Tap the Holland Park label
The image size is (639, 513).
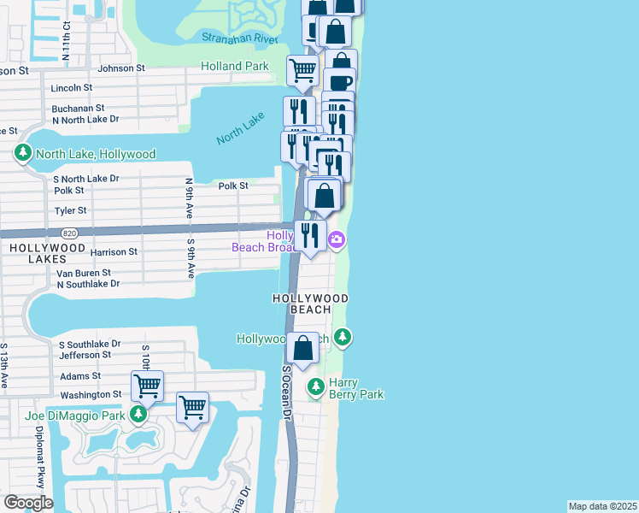point(235,66)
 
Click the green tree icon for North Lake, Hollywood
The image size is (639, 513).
point(22,154)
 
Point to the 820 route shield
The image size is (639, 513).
point(70,233)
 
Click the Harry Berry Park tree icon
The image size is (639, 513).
point(316,387)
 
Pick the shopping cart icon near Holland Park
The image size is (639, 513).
point(302,71)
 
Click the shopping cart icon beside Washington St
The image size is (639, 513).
point(148,386)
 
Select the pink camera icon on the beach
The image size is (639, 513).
point(337,239)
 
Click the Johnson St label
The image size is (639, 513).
point(122,68)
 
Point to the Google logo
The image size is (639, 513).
point(28,503)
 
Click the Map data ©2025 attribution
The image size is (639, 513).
point(601,506)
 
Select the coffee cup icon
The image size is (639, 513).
point(339,84)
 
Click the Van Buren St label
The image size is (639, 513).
point(84,274)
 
